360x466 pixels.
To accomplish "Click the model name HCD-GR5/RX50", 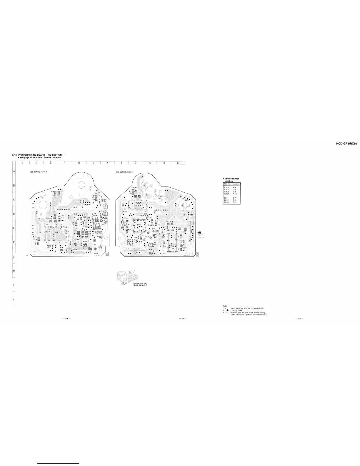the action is point(346,144).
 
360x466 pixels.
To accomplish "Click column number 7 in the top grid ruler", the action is point(108,163).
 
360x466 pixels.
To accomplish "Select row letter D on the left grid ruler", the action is point(14,214).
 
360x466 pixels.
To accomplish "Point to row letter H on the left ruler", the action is point(14,271).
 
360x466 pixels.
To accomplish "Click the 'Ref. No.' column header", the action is point(227,184).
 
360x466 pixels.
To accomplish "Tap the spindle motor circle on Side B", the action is point(144,186).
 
